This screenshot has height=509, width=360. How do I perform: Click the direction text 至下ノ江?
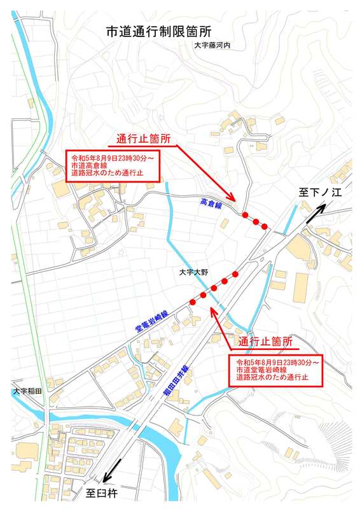click(321, 193)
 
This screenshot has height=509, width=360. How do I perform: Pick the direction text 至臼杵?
click(102, 493)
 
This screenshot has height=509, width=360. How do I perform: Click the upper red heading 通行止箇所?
click(142, 139)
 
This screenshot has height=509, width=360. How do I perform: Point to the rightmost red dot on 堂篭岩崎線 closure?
click(235, 274)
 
